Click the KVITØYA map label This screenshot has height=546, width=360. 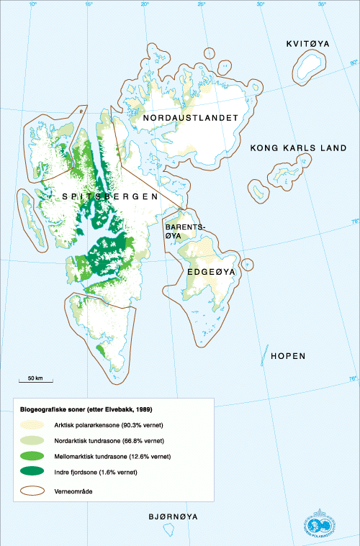pyautogui.click(x=307, y=44)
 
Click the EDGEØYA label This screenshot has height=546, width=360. pyautogui.click(x=207, y=273)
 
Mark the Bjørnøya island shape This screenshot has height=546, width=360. pyautogui.click(x=168, y=532)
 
